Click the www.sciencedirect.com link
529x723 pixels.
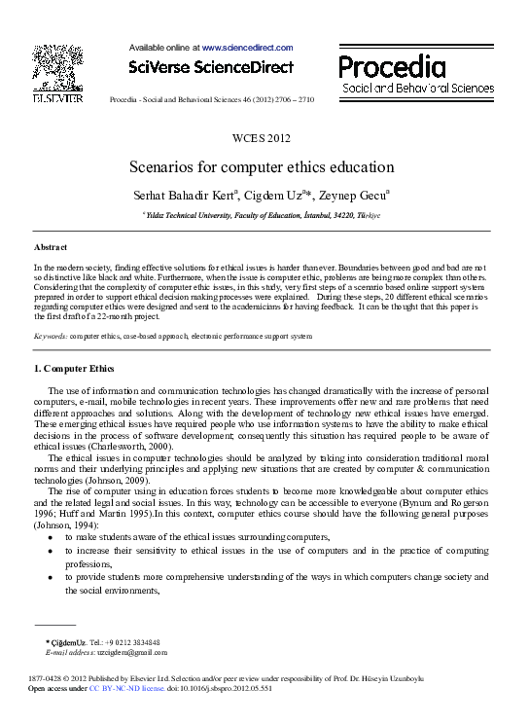pyautogui.click(x=247, y=47)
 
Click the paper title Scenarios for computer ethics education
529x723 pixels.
pyautogui.click(x=263, y=166)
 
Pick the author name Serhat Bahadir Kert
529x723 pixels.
pyautogui.click(x=187, y=195)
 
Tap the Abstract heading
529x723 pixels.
pyautogui.click(x=51, y=248)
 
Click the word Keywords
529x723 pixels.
pyautogui.click(x=50, y=334)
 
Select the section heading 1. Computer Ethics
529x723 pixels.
pyautogui.click(x=74, y=369)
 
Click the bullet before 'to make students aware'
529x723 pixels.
pyautogui.click(x=50, y=538)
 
